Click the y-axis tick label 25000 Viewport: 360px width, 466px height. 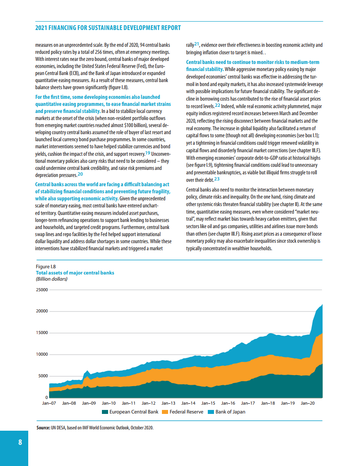41,290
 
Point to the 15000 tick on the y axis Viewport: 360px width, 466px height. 41,333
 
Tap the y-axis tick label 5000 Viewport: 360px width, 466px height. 43,376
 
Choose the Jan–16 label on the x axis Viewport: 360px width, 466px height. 228,403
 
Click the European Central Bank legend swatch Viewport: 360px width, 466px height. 105,412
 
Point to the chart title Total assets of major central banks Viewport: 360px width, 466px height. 75,273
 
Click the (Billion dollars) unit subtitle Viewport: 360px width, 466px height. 51,278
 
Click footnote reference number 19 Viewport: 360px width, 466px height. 148,153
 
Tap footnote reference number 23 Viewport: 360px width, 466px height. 217,179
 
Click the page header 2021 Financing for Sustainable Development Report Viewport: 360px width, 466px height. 108,28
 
